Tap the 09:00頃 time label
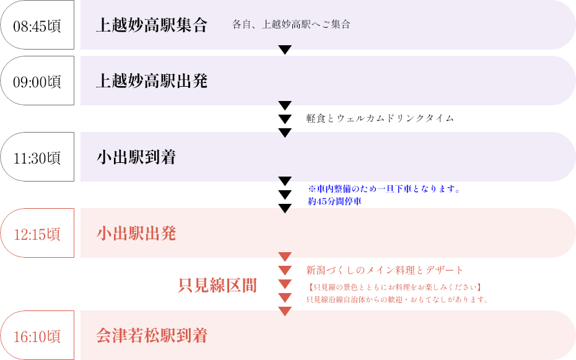(37, 81)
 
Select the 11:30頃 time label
(37, 157)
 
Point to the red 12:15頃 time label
(37, 234)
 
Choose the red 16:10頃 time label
(37, 336)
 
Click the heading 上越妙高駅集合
(152, 25)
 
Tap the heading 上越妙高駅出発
(152, 81)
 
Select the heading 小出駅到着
(136, 157)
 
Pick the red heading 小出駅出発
(136, 234)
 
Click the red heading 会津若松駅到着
(152, 336)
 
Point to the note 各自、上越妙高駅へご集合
(291, 25)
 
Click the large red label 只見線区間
(217, 286)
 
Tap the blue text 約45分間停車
(335, 201)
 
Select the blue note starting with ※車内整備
(384, 189)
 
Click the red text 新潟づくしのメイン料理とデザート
(385, 270)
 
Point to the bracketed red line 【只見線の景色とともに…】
(394, 287)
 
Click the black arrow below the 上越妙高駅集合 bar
(285, 49)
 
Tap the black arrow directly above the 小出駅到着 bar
(285, 133)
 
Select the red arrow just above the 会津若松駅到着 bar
(285, 310)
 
